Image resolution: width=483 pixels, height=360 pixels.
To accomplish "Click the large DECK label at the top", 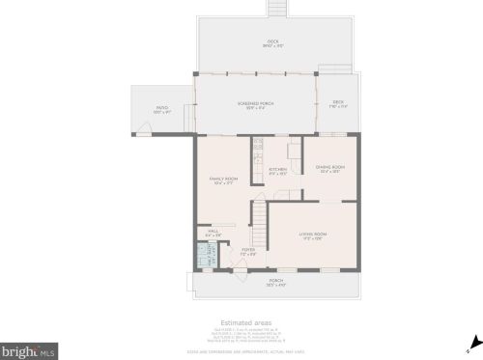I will [273, 43].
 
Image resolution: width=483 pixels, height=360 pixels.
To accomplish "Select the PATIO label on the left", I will [161, 111].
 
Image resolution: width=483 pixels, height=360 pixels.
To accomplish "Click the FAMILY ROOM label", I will [224, 180].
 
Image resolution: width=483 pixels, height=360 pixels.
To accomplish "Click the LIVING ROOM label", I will [311, 235].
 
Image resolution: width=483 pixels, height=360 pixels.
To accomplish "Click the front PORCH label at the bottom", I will [276, 283].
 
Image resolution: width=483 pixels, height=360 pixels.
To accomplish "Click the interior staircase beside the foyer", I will [259, 227].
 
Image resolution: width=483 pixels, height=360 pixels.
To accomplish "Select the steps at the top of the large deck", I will [278, 8].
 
